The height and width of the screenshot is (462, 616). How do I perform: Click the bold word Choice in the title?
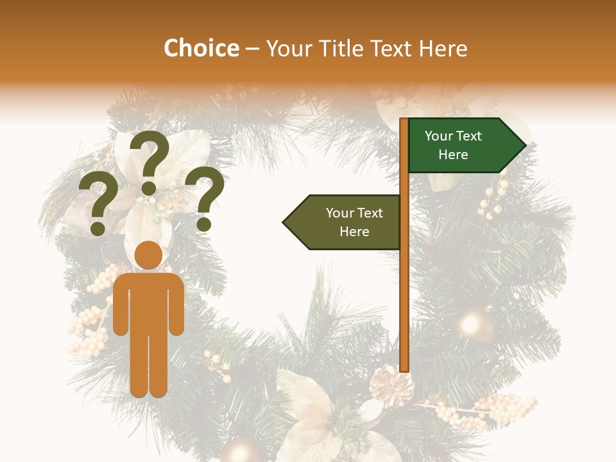(x=201, y=48)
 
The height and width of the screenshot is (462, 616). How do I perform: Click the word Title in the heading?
(x=338, y=49)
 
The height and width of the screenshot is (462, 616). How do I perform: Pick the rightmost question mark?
(x=205, y=198)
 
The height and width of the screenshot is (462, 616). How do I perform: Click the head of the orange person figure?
(x=149, y=255)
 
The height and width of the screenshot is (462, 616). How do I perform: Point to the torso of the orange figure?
(x=149, y=302)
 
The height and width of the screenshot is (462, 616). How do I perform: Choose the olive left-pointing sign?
(x=346, y=222)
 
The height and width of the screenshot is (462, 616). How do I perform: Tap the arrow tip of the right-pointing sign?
(x=522, y=146)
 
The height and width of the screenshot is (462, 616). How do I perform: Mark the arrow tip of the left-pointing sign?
(x=286, y=223)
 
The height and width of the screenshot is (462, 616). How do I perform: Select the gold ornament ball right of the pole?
(x=473, y=323)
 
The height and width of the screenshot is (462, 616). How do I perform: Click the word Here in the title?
(x=443, y=49)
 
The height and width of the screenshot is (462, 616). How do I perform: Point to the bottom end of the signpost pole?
(x=404, y=368)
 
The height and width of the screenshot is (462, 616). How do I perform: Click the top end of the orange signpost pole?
(x=404, y=121)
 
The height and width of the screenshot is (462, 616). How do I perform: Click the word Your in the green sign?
(x=438, y=136)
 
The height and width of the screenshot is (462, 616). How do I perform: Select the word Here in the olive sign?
(x=354, y=232)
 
